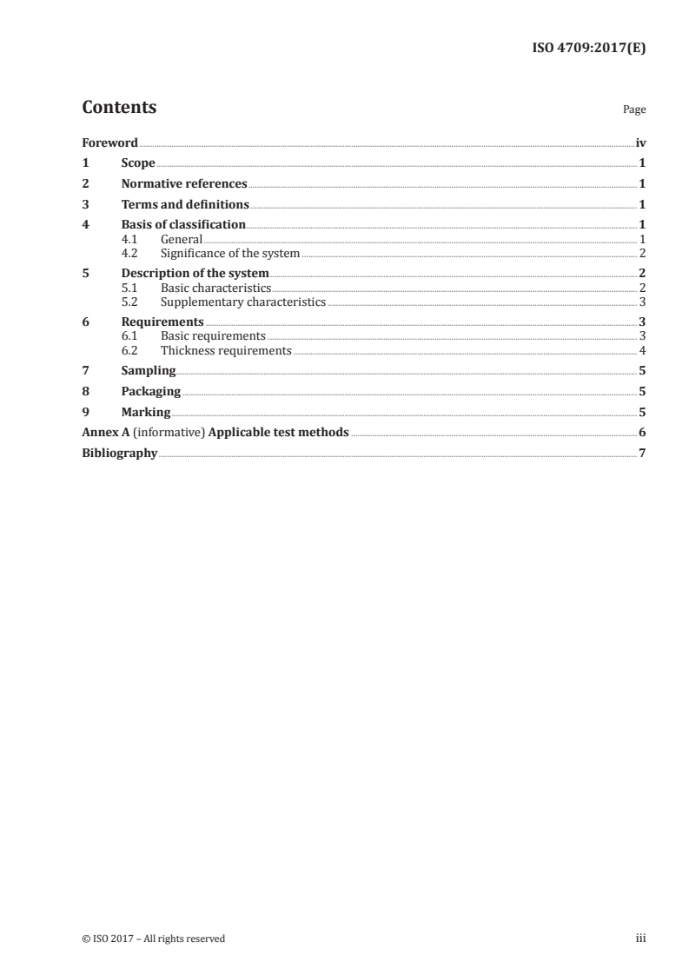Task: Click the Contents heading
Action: pos(119,108)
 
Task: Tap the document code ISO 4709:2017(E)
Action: pos(588,49)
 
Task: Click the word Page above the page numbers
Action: pos(634,110)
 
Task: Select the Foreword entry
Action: pos(109,143)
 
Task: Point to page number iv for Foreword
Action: pos(640,143)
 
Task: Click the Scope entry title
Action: pos(138,163)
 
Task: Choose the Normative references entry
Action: pos(184,184)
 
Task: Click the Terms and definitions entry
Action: pos(185,205)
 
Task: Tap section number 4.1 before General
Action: pos(130,239)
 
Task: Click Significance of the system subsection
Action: pos(230,254)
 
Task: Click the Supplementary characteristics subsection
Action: pos(243,302)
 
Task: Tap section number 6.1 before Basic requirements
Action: pos(130,336)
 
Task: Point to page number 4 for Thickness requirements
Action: pos(642,351)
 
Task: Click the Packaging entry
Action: pos(151,392)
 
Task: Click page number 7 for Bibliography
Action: pos(642,454)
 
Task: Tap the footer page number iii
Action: pos(640,939)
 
